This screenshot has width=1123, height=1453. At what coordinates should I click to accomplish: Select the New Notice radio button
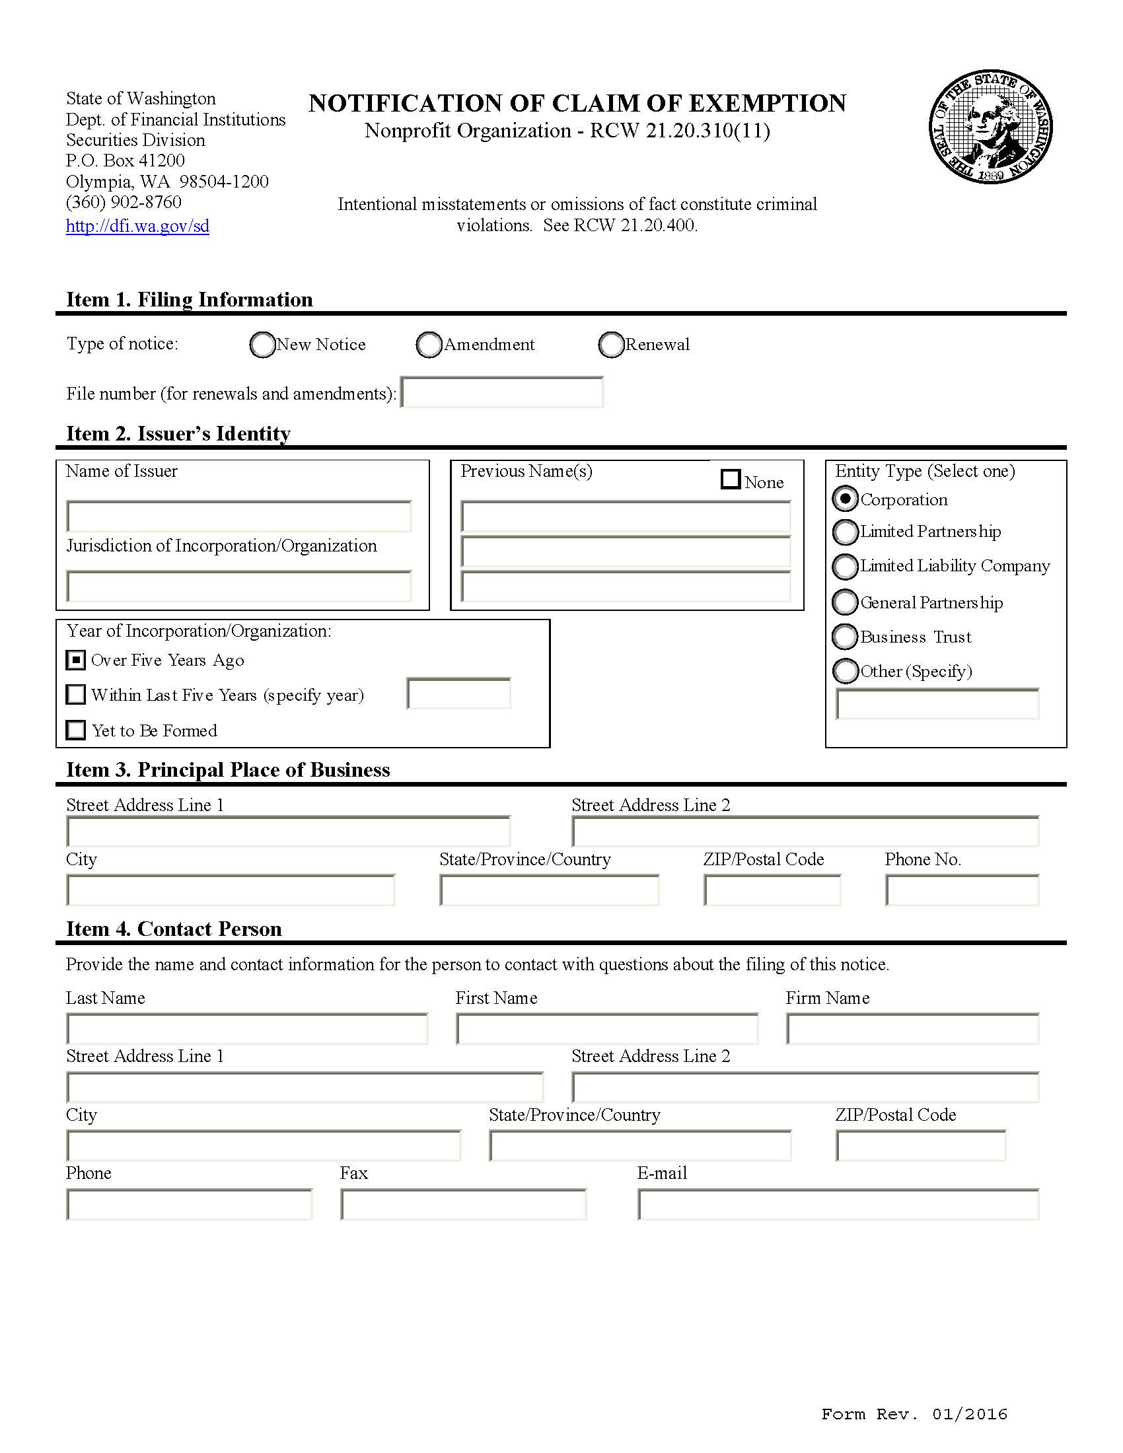click(262, 345)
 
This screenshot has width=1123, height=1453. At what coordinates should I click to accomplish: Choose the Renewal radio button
click(611, 345)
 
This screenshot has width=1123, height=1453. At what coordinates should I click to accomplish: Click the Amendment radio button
click(429, 345)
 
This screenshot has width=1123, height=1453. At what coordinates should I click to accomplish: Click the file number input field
click(502, 392)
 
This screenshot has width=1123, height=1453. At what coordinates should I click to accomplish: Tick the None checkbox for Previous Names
click(731, 479)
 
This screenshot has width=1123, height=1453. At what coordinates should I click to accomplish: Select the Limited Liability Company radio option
click(845, 566)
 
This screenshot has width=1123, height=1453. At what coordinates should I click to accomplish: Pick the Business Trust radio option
click(845, 637)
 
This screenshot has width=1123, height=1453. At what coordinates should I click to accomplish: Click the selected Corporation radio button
click(845, 498)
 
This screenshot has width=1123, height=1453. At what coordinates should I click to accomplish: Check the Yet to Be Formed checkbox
click(76, 730)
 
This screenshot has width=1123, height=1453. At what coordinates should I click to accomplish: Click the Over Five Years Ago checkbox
click(76, 660)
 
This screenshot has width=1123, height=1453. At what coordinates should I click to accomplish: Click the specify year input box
click(458, 694)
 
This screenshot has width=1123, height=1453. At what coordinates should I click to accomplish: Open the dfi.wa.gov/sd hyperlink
click(137, 226)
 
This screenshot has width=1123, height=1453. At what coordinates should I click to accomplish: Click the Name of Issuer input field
click(239, 517)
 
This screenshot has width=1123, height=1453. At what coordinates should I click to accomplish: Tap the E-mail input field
click(838, 1205)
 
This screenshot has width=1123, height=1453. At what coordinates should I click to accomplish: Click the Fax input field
click(463, 1205)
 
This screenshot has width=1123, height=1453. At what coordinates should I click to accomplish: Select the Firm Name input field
click(912, 1029)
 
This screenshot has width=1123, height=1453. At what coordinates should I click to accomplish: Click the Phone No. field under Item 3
click(962, 890)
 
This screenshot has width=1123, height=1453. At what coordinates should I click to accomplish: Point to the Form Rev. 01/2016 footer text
click(914, 1414)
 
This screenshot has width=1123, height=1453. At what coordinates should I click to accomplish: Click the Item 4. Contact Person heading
click(174, 929)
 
